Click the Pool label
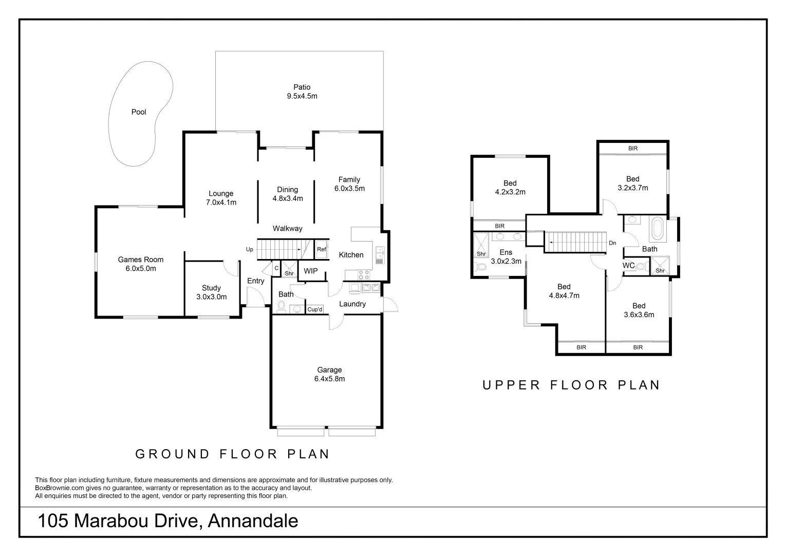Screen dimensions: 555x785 click(x=139, y=112)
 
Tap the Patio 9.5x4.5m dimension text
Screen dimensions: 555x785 click(x=302, y=96)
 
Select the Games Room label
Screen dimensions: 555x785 click(x=140, y=260)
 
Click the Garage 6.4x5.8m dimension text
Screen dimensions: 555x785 click(x=329, y=379)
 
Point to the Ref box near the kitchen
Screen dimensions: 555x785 click(x=322, y=250)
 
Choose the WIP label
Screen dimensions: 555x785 click(x=311, y=271)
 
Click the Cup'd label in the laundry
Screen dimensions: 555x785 click(x=315, y=309)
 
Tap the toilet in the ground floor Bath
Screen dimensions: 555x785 click(x=281, y=307)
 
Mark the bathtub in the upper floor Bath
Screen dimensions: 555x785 click(x=657, y=229)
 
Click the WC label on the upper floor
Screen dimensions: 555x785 click(x=628, y=266)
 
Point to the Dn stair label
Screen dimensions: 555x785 click(x=612, y=243)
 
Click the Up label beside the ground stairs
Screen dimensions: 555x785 click(x=250, y=250)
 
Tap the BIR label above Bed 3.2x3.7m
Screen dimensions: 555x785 click(x=633, y=149)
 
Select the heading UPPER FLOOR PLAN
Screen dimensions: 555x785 click(x=571, y=385)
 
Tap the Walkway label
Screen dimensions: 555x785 click(x=287, y=229)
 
